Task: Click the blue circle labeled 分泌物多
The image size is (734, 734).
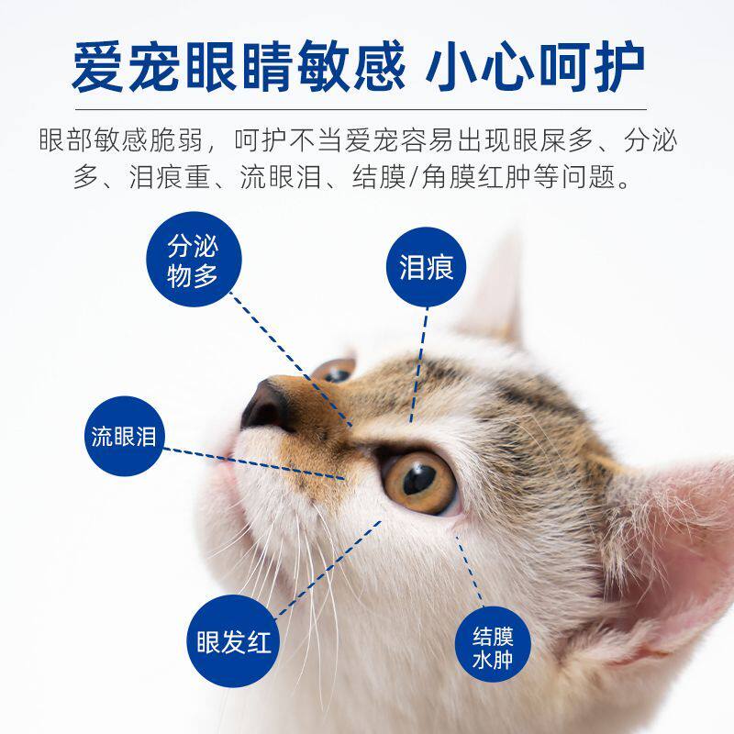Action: (194, 261)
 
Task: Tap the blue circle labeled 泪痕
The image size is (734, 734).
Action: (426, 267)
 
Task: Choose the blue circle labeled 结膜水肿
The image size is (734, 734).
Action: (493, 648)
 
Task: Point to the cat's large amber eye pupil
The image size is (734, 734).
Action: (418, 478)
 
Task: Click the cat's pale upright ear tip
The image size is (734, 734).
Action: (500, 284)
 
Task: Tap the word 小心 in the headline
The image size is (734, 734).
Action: (483, 66)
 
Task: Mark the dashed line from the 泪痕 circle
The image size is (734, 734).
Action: (418, 367)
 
